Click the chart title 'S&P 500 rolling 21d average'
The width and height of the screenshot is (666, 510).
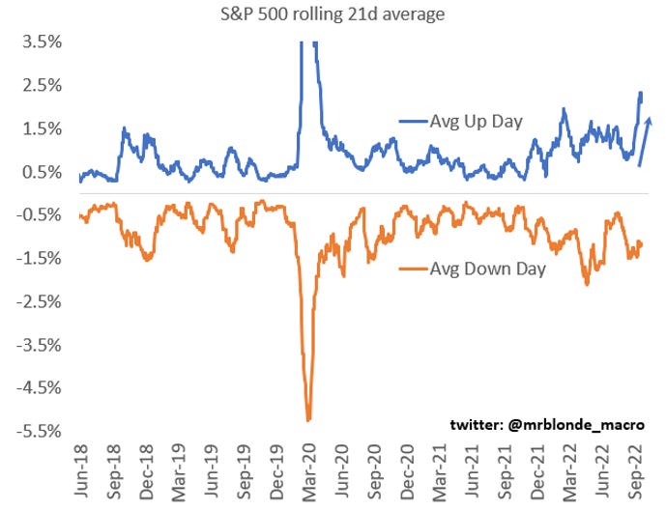coord(333,14)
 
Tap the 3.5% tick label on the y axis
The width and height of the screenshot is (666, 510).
coord(43,42)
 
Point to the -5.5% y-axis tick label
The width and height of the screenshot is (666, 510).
coord(39,432)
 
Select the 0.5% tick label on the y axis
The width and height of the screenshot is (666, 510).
coord(43,172)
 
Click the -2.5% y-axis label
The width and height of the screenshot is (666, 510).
coord(39,302)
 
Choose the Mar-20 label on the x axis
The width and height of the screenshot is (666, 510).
coord(308,472)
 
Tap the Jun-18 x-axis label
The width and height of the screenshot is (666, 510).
coord(80,470)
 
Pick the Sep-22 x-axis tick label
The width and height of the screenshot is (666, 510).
coord(635,472)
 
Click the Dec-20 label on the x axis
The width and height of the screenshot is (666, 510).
coord(407,472)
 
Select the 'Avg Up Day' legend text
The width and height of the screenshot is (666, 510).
coord(477,122)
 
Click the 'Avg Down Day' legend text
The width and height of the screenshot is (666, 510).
coord(487,269)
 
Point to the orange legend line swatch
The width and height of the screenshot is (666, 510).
coord(414,269)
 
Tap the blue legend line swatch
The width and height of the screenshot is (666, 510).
coord(414,122)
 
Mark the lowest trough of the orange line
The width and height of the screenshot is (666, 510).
coord(308,419)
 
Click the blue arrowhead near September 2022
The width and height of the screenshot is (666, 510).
coord(649,123)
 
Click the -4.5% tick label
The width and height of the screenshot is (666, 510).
coord(39,388)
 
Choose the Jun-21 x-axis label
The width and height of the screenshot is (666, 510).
coord(472,470)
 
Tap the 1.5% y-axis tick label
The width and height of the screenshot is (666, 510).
coord(43,129)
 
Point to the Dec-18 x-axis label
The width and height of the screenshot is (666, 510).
coord(146,472)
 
